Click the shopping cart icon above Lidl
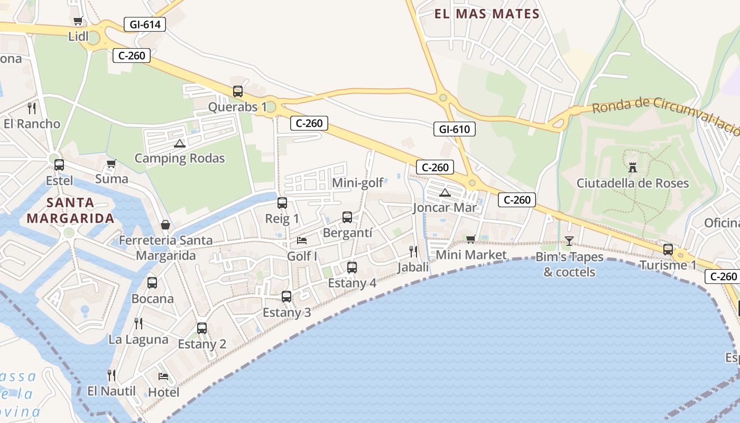click(78, 21)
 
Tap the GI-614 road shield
click(145, 24)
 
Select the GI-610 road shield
click(455, 129)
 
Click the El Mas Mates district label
click(487, 14)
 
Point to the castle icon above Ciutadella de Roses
click(632, 168)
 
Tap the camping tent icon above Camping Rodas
click(180, 143)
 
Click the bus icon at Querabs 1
click(238, 91)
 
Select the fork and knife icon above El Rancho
click(32, 108)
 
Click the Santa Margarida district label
click(70, 210)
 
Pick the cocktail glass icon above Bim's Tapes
click(569, 241)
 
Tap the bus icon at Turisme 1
click(668, 249)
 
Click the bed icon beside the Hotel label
click(163, 376)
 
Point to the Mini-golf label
click(358, 183)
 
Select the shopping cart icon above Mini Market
click(470, 239)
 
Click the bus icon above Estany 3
click(286, 297)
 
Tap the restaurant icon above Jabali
click(413, 251)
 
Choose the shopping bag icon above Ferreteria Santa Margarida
click(165, 225)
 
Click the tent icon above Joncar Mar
click(445, 192)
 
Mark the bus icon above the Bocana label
click(152, 283)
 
